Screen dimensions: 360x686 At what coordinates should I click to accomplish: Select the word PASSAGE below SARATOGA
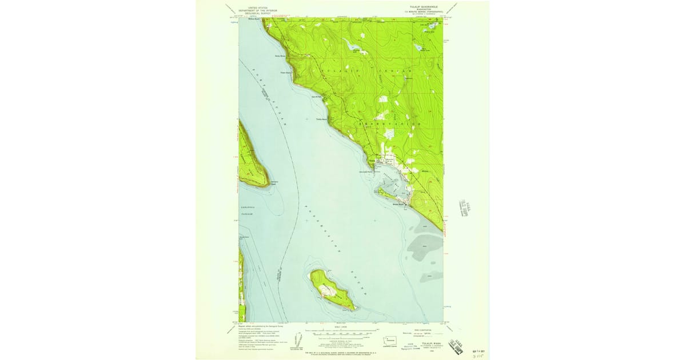tap(246, 213)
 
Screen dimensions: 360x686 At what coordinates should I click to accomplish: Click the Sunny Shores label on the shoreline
tap(280, 57)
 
